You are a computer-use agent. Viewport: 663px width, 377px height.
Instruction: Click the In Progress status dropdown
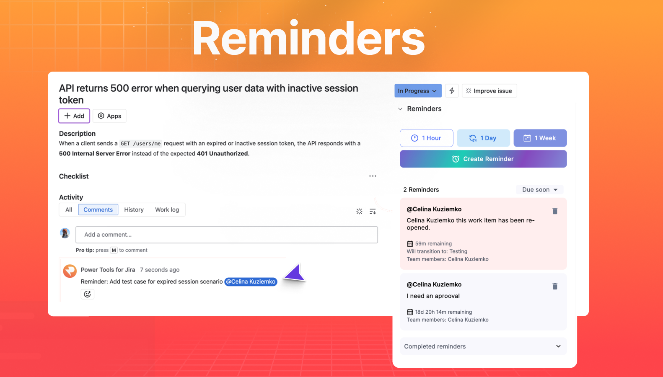point(417,91)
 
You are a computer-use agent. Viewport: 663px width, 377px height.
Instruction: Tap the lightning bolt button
point(452,91)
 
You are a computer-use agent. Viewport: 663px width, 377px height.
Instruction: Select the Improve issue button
point(489,91)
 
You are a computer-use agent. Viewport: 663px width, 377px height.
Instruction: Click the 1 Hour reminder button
point(427,138)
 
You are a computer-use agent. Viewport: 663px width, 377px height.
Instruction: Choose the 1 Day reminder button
point(483,138)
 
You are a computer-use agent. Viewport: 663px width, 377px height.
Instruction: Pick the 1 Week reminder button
point(540,138)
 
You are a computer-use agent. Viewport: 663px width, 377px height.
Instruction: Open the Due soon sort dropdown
point(540,190)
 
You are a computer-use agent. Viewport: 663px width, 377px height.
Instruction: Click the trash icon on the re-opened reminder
point(555,211)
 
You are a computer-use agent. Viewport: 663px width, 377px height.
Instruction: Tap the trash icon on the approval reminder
point(555,287)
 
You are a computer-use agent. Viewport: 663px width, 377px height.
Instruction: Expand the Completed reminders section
point(483,346)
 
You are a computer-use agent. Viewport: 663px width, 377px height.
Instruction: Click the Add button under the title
point(74,116)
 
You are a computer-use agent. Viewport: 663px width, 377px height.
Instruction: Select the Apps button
point(109,116)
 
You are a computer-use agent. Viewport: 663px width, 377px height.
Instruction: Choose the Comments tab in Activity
point(98,210)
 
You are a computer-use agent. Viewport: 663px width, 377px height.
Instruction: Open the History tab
point(134,210)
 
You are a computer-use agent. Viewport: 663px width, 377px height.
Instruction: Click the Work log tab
point(167,210)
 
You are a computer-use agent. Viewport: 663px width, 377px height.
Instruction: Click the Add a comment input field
point(226,235)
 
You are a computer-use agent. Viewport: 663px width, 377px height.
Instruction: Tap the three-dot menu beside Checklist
point(373,176)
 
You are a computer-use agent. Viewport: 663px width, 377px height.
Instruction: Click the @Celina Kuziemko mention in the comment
point(251,282)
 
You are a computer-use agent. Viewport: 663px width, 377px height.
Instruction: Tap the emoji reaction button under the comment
point(88,294)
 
